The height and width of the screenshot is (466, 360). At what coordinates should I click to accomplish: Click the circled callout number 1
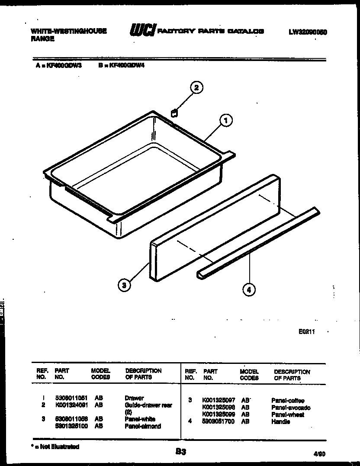[225, 120]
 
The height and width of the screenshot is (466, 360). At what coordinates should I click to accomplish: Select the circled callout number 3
[124, 285]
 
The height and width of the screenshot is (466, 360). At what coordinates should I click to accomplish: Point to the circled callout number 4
[248, 289]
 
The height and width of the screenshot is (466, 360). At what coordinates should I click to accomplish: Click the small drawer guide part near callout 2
[174, 113]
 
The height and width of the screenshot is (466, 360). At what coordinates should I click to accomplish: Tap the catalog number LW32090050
[311, 32]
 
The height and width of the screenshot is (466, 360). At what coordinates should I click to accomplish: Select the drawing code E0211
[306, 332]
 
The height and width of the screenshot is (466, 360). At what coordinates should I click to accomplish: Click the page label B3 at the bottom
[180, 452]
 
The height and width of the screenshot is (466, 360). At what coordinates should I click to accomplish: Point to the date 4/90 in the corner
[319, 454]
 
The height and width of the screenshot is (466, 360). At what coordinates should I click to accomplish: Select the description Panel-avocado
[291, 408]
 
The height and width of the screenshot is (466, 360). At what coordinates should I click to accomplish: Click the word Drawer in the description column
[134, 398]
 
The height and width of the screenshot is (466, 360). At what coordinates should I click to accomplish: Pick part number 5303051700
[219, 421]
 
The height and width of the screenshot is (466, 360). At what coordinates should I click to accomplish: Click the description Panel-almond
[143, 426]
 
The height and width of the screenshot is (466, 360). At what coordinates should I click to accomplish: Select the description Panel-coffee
[288, 401]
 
